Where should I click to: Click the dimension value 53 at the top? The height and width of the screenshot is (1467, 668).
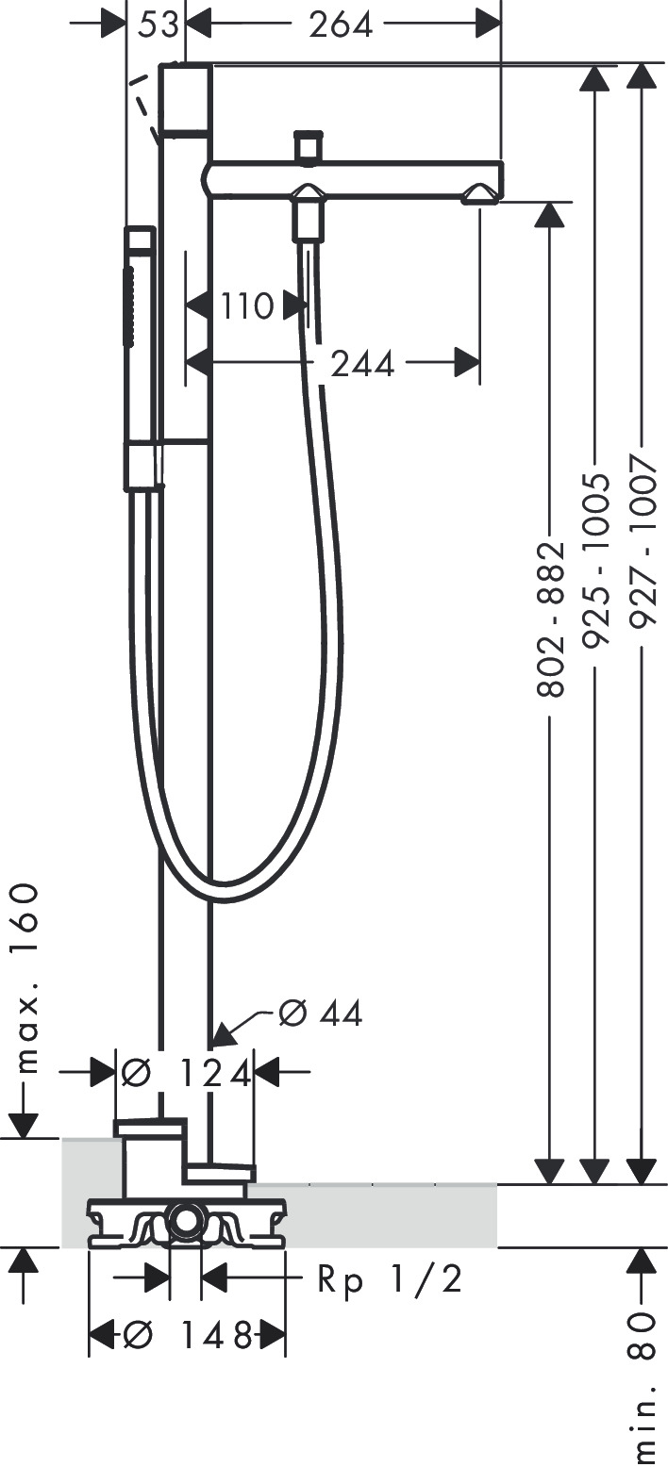coord(158,25)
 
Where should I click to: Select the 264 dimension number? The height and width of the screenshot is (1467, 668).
coord(341,25)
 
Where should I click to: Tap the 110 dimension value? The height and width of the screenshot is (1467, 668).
coord(247,305)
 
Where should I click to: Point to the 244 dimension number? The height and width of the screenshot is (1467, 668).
coord(362,364)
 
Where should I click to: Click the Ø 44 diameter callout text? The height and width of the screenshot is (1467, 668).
coord(321,1014)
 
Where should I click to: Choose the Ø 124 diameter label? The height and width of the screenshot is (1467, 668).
coord(187,1072)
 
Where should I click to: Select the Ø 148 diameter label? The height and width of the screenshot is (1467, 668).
coord(187,1334)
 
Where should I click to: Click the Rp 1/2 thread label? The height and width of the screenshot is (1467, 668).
coord(390,1278)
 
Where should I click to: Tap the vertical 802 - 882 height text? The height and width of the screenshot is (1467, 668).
coord(551,618)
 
